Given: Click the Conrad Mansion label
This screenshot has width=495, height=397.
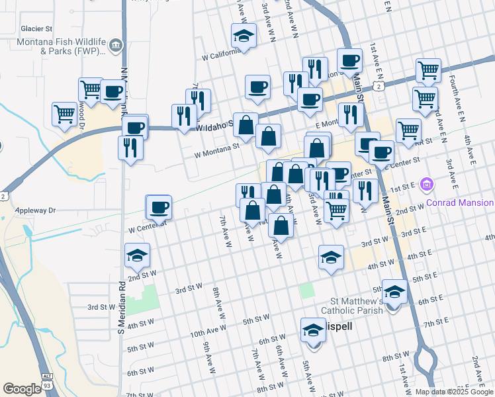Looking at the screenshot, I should (x=461, y=202).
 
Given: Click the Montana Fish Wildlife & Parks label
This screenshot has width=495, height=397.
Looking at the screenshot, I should (x=54, y=45).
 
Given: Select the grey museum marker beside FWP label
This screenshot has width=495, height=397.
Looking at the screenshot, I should (x=116, y=46).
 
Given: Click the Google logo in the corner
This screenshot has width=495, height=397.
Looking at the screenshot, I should (x=22, y=388).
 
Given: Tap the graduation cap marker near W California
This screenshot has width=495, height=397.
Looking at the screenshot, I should (x=244, y=36).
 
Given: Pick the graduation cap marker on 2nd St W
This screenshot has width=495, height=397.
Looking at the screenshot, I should (x=137, y=256).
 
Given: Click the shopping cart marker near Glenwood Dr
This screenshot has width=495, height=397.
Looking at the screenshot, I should (x=64, y=114).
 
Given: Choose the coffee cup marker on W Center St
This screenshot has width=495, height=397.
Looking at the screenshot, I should (x=159, y=207).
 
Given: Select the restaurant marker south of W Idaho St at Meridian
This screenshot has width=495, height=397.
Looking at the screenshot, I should (x=130, y=147).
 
